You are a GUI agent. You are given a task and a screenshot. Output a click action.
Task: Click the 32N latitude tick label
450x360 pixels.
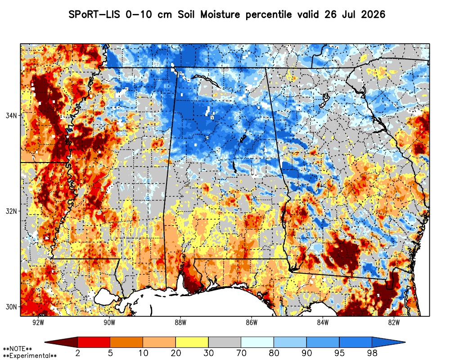tap(11, 211)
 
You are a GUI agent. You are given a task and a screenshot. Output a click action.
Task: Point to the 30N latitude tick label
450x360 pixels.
tap(11, 307)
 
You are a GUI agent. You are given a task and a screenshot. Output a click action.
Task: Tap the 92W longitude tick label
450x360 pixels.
tap(38, 323)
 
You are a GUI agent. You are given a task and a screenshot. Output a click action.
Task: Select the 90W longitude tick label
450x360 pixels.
tap(109, 323)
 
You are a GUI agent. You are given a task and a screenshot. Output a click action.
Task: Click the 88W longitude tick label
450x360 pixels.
tap(180, 323)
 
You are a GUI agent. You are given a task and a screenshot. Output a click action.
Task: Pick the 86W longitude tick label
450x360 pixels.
tap(252, 323)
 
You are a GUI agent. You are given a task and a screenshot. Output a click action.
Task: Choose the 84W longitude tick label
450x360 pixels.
tap(323, 323)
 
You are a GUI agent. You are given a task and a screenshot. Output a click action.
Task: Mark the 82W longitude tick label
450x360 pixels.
tap(394, 323)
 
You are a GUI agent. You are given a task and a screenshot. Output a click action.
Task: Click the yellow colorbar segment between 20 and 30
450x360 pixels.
tap(192, 342)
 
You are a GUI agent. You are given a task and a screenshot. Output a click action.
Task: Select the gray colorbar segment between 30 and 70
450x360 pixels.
tap(225, 342)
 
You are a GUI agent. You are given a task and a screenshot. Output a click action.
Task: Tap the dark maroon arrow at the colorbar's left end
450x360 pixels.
tap(61, 342)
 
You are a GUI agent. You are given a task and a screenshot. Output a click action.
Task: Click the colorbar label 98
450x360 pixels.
tap(372, 353)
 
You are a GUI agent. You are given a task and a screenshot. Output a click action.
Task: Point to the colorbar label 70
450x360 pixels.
tap(241, 353)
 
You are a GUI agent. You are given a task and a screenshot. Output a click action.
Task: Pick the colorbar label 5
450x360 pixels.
tap(111, 353)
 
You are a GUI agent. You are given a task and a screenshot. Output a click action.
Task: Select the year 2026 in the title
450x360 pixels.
tap(373, 14)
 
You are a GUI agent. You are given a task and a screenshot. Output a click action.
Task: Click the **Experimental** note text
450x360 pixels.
tap(30, 356)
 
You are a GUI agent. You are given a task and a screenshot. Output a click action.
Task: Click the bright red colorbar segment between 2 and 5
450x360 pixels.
tap(94, 342)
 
